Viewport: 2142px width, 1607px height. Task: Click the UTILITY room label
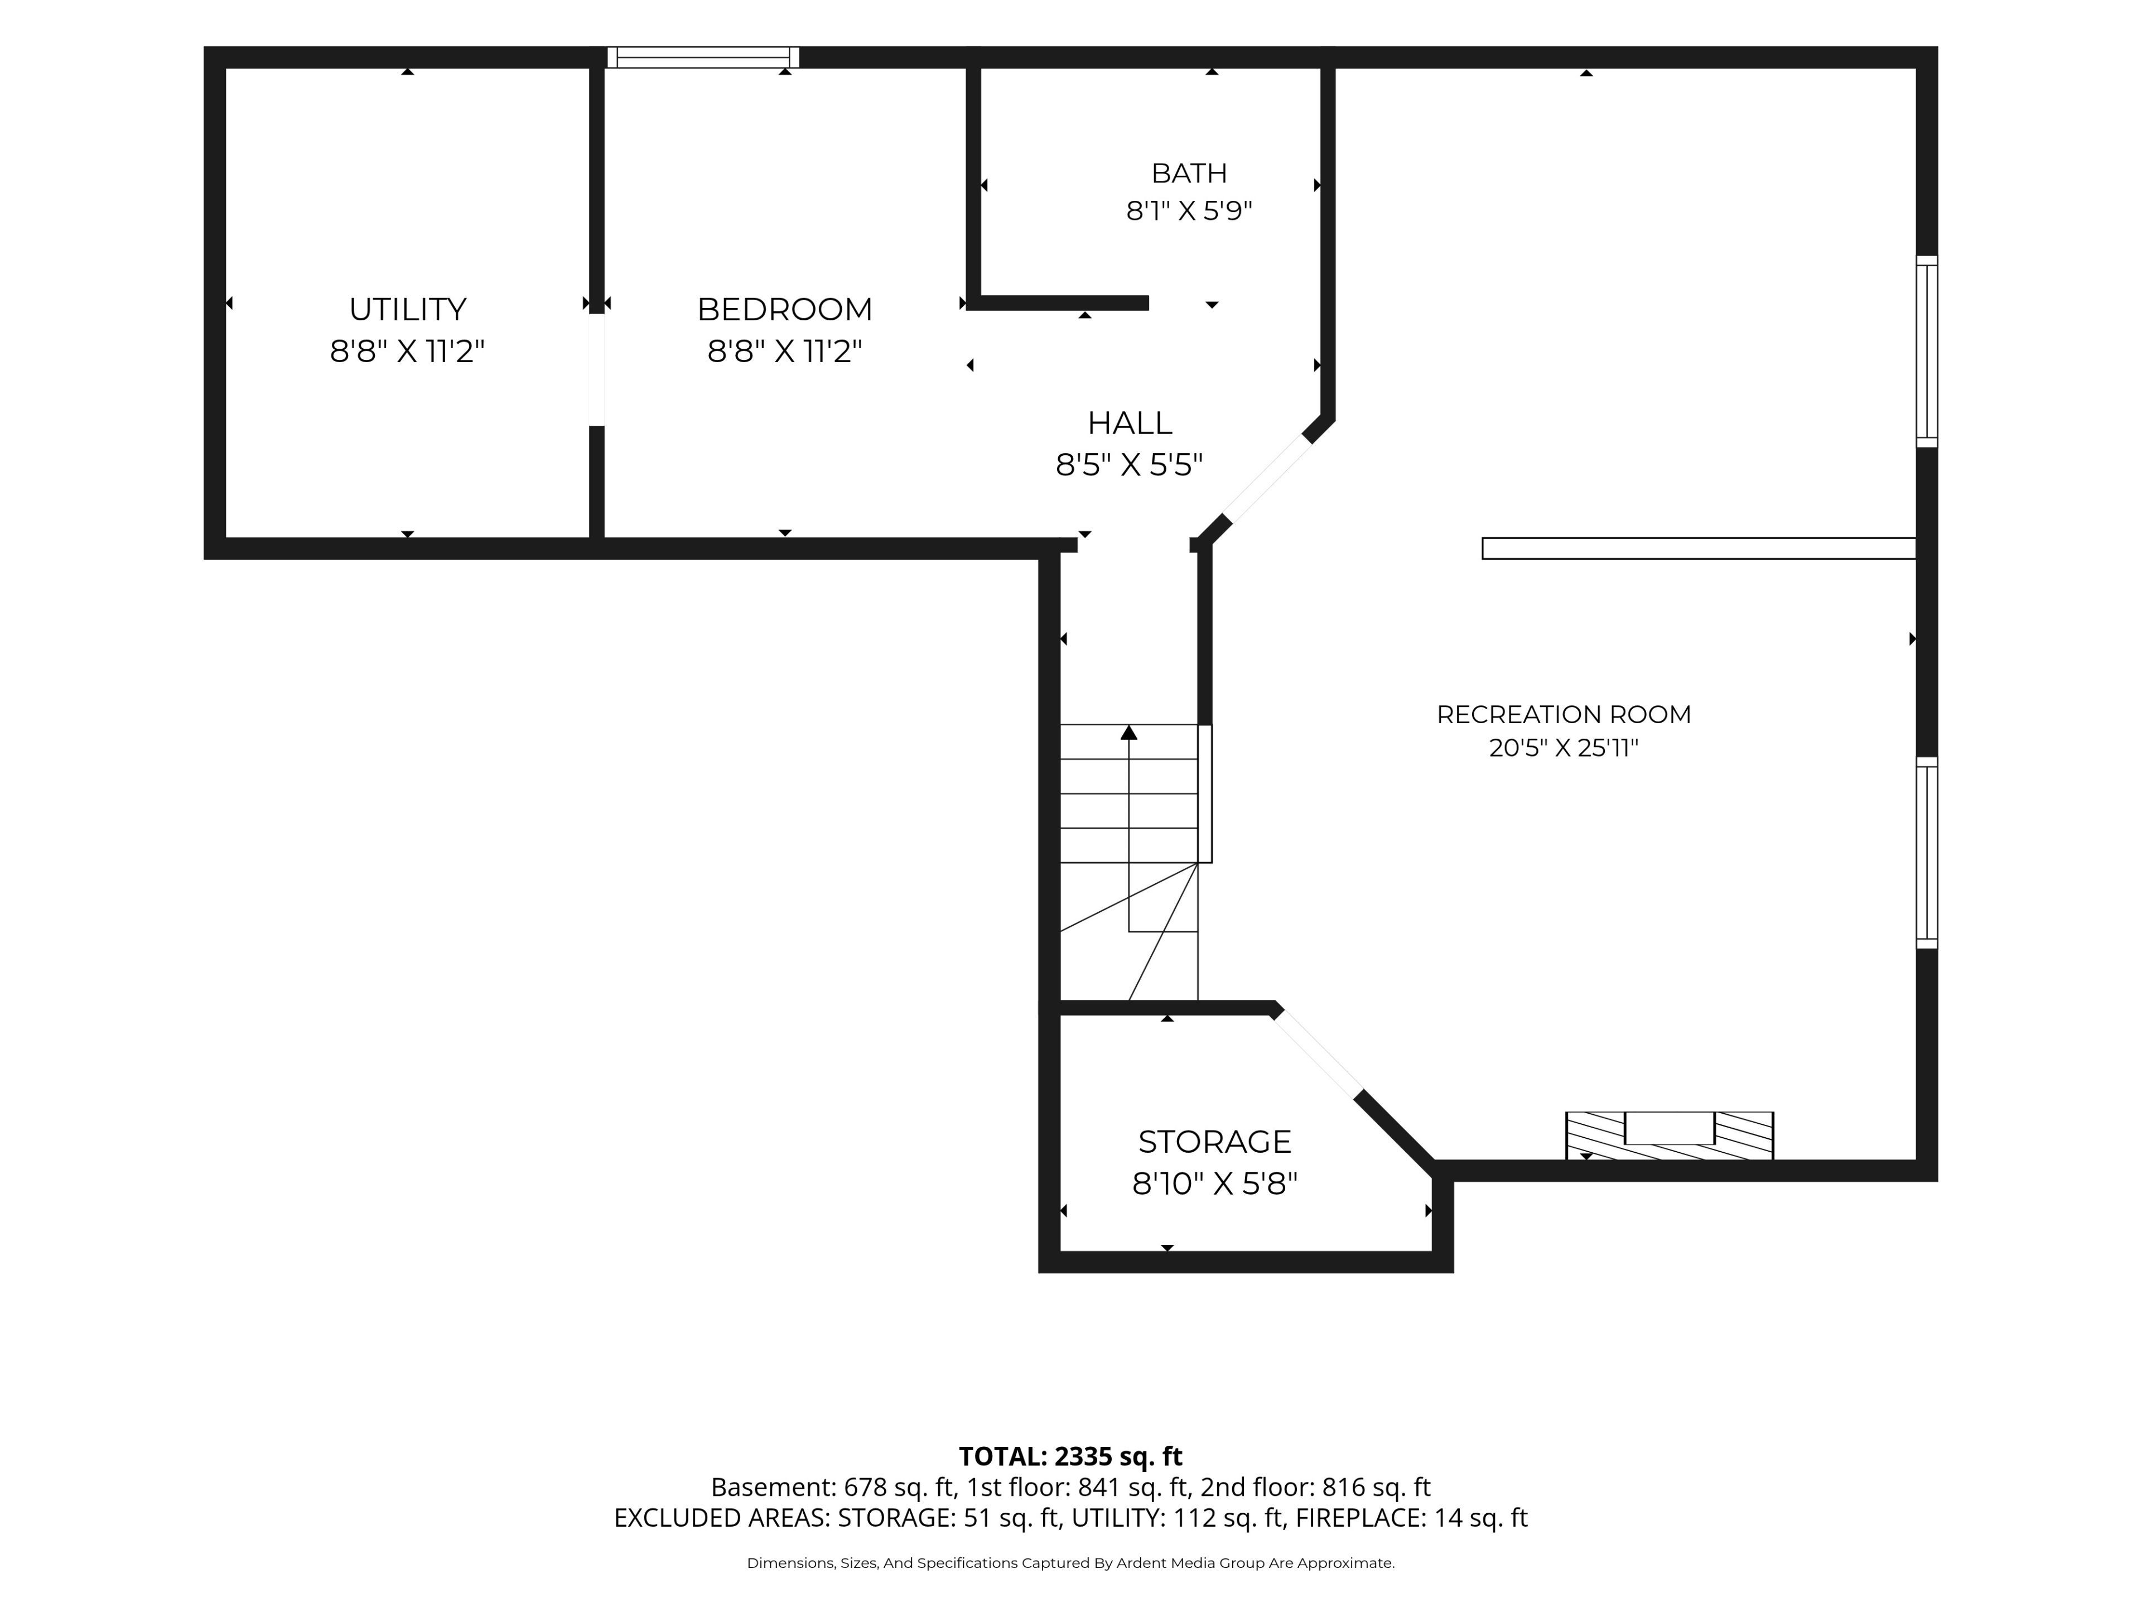(408, 309)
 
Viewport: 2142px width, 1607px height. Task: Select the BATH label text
(1189, 174)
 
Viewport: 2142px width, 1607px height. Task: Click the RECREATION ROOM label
(1564, 715)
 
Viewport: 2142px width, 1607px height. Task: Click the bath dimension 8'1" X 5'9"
(1189, 210)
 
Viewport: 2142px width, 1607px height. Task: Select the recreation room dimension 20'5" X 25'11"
(1564, 748)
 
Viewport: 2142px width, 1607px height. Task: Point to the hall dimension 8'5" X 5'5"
(1129, 465)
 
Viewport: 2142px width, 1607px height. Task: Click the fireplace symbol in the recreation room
(1670, 1136)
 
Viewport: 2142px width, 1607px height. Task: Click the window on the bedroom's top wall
(703, 57)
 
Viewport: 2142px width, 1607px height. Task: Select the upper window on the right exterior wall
(1927, 352)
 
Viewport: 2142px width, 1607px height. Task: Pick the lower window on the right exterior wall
(1927, 853)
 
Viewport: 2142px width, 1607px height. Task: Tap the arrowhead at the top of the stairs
(1129, 732)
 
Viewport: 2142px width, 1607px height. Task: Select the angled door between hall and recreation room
(1267, 479)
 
